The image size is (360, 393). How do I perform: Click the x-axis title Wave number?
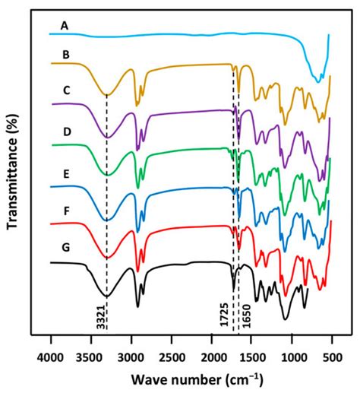point(189,379)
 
